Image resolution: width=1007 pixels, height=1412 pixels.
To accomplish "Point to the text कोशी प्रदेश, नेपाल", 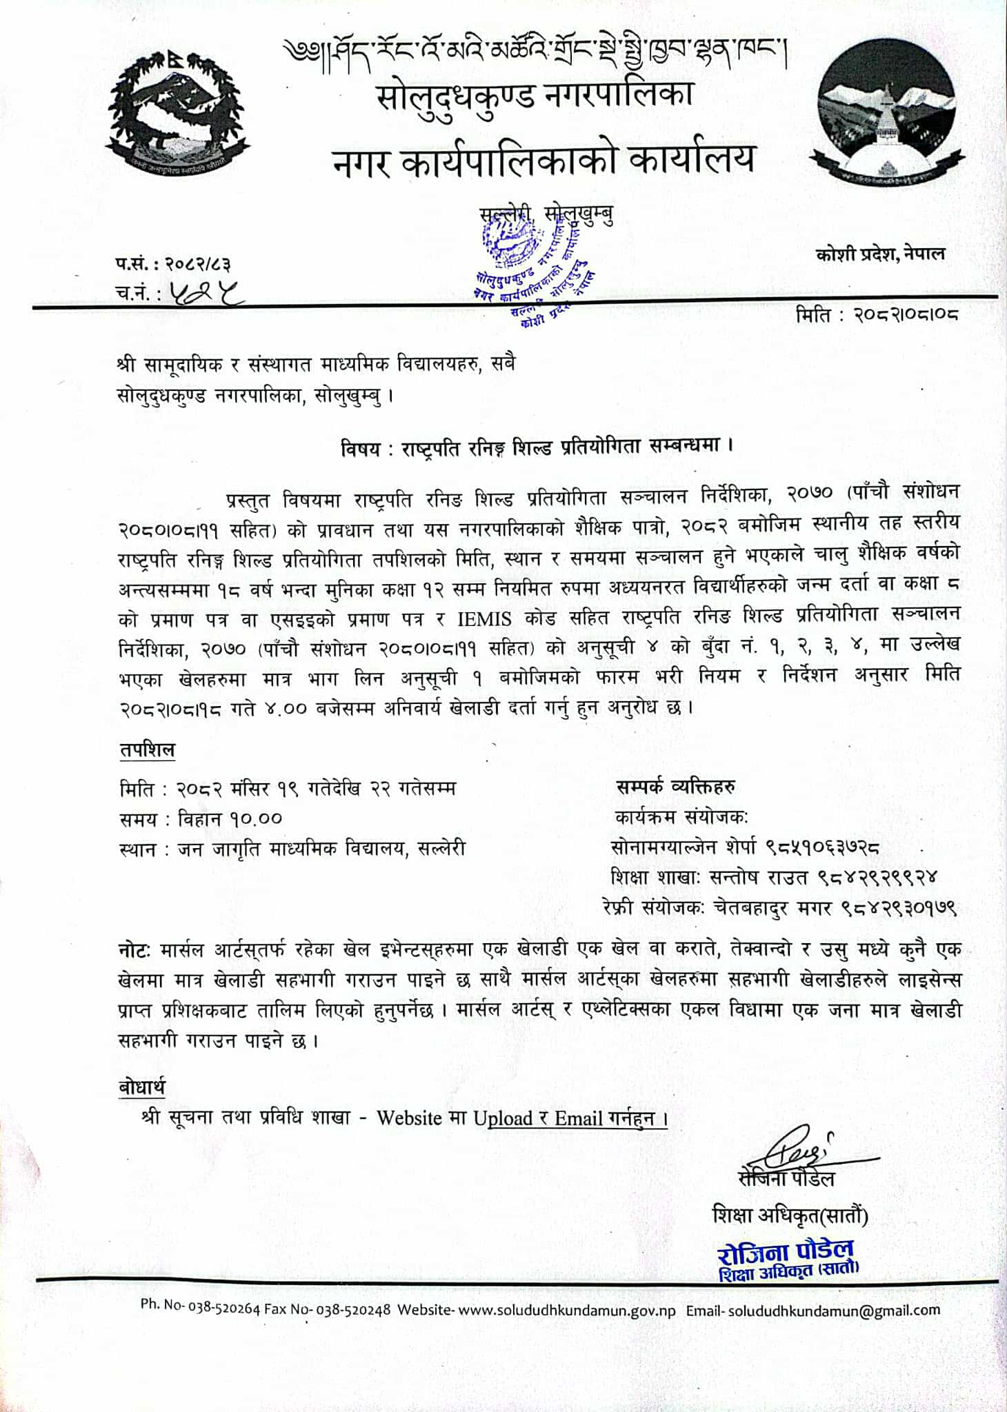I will [x=880, y=254].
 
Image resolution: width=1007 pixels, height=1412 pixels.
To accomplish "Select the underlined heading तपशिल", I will [x=147, y=751].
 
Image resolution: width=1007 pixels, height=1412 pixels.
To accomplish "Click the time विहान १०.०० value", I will [x=230, y=818].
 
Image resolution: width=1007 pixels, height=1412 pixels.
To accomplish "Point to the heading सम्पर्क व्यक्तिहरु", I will [x=675, y=786].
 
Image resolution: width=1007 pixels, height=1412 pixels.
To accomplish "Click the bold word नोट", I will [x=134, y=949].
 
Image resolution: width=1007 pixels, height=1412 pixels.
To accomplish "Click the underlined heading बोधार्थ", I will [x=142, y=1087].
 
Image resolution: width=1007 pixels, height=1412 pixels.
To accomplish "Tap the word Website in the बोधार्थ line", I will [x=409, y=1118].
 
